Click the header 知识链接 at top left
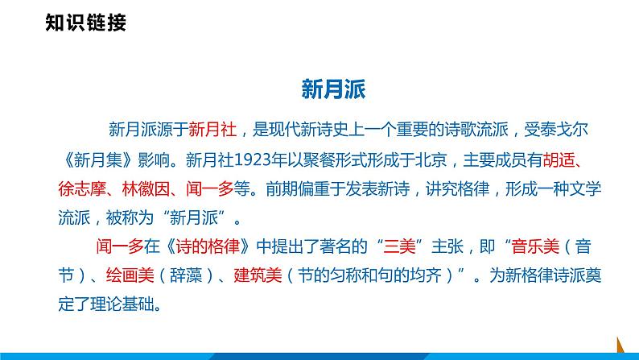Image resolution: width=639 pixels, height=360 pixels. [x=86, y=23]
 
